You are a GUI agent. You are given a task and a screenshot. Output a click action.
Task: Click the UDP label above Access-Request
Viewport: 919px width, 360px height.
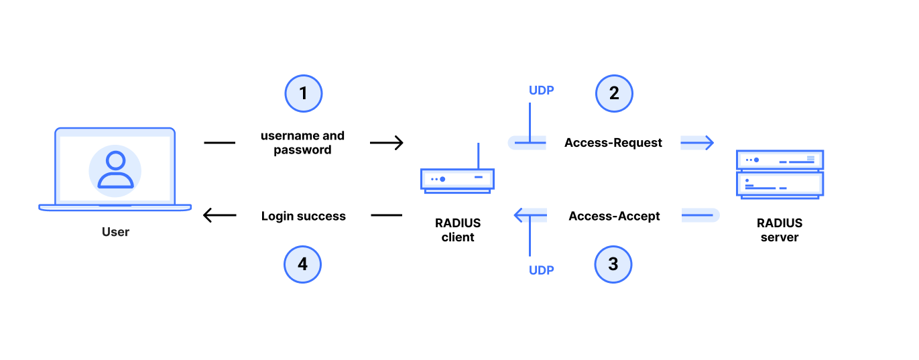tap(541, 91)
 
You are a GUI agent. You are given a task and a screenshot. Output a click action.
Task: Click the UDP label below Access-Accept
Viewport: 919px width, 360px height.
tap(541, 270)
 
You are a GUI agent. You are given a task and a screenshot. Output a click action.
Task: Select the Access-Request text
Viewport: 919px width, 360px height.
tap(613, 142)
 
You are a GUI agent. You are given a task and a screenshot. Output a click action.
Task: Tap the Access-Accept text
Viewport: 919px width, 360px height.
tap(614, 216)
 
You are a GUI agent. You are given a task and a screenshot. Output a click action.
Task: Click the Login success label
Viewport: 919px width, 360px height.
tap(303, 216)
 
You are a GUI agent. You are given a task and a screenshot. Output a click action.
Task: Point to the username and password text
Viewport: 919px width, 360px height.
tap(302, 142)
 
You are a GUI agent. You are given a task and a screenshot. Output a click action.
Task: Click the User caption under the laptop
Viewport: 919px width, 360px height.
tap(115, 232)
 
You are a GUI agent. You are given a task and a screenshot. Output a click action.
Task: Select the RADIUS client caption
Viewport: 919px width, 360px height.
tap(457, 230)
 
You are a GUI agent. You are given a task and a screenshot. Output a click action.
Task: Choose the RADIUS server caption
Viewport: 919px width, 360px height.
tap(779, 230)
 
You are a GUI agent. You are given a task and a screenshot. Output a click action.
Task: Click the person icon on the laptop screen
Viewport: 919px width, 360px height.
tap(115, 170)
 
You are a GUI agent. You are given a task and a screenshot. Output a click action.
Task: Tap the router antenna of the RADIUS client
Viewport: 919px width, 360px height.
tap(479, 156)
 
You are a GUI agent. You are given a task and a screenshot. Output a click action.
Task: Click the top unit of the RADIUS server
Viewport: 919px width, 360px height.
tap(780, 160)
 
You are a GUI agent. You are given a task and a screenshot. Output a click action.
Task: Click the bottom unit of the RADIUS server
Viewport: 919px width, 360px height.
tap(780, 185)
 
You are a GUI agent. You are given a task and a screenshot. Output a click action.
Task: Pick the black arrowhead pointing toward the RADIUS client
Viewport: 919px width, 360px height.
tap(397, 143)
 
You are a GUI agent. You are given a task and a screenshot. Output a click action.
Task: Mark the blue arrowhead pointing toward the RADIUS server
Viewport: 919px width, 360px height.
tap(708, 143)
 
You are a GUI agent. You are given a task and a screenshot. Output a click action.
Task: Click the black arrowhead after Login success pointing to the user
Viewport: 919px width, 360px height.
tap(209, 215)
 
